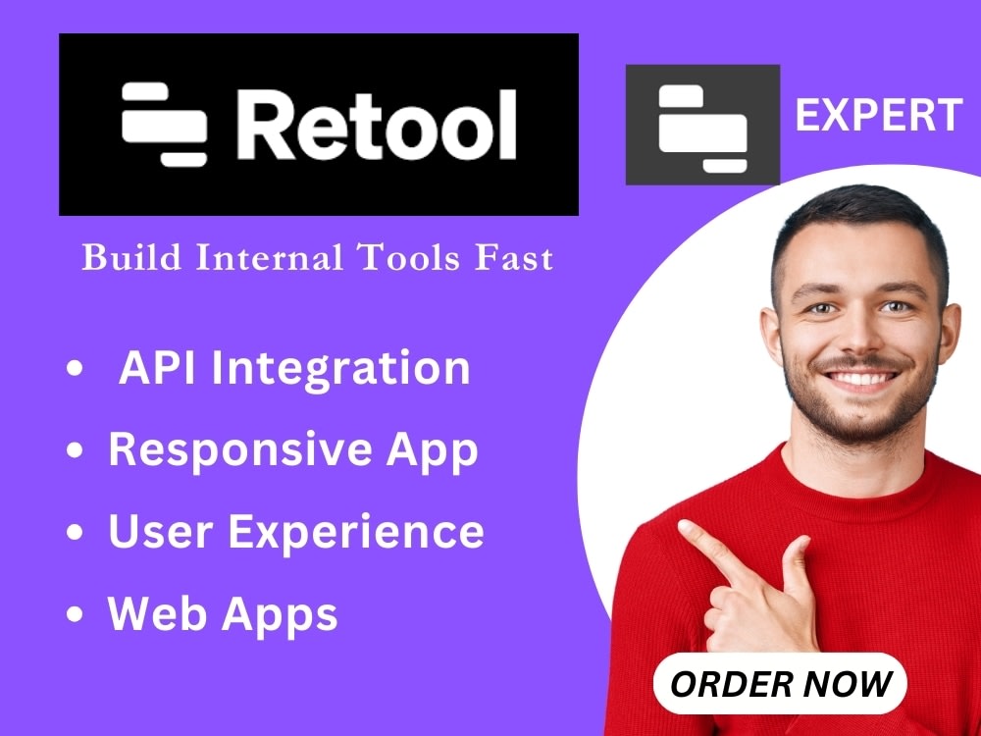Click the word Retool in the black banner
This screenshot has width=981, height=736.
[376, 124]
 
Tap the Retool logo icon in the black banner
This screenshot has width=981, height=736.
[164, 124]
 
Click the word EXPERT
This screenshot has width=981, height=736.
[878, 116]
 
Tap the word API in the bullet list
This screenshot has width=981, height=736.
[156, 369]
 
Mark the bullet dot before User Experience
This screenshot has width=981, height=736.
[75, 534]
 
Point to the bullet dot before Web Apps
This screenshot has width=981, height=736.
[75, 615]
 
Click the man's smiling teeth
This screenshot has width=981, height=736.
[860, 378]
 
